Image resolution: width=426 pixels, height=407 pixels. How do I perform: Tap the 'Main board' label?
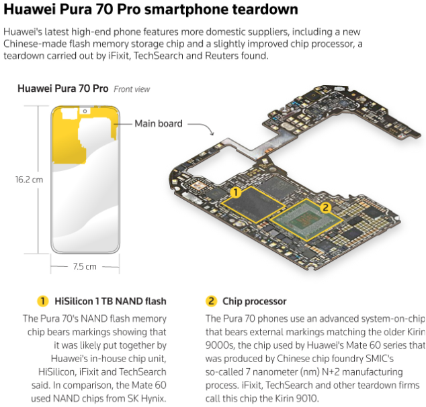click(x=159, y=123)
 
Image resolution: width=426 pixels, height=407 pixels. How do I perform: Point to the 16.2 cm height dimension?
click(x=29, y=180)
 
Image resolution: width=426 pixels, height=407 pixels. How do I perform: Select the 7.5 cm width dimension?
click(x=85, y=267)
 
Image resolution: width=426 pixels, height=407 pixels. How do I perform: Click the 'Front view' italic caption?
click(x=132, y=89)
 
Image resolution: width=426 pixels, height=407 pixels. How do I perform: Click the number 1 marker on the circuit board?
click(x=236, y=192)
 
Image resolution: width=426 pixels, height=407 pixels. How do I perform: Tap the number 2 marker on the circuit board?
click(x=325, y=208)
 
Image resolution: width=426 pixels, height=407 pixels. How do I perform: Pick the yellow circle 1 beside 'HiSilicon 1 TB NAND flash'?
click(x=42, y=301)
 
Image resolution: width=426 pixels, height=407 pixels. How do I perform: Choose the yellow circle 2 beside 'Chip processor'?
click(x=211, y=301)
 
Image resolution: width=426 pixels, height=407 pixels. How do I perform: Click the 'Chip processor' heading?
click(x=254, y=301)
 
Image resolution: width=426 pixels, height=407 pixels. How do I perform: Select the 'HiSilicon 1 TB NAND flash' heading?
click(x=110, y=301)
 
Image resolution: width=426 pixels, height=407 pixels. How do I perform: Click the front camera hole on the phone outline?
click(x=85, y=111)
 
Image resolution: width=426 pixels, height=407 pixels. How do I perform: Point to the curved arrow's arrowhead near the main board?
click(x=212, y=133)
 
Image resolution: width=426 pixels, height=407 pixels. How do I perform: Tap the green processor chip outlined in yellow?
click(x=307, y=220)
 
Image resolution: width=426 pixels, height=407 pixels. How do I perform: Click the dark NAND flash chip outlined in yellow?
click(x=253, y=205)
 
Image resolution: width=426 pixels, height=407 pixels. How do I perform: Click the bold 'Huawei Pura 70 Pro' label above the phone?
click(x=62, y=89)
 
